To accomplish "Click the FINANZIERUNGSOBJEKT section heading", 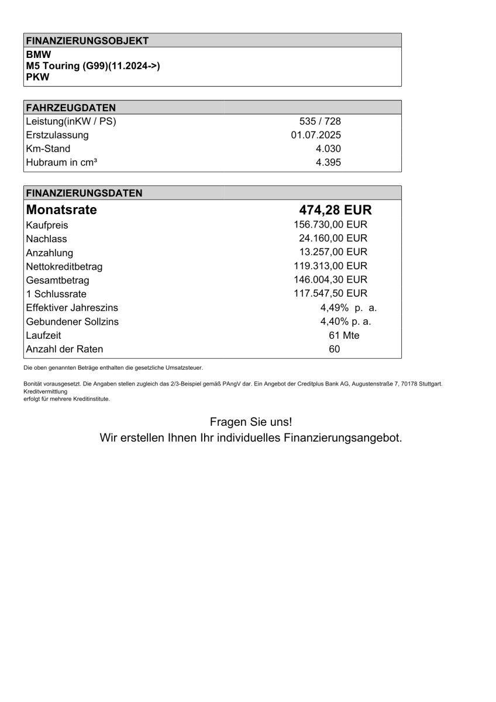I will (x=87, y=40).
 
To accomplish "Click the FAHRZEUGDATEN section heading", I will (x=71, y=107).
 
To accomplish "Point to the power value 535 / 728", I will (x=320, y=122).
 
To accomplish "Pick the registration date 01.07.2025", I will (x=316, y=135).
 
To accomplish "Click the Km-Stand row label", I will (x=48, y=149).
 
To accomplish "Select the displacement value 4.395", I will (x=328, y=163).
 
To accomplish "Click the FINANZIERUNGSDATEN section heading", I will (x=84, y=193).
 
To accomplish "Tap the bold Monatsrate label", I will (x=61, y=209).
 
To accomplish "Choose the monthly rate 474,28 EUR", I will (x=335, y=209).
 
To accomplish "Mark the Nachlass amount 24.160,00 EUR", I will (x=333, y=239).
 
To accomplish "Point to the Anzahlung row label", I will (x=50, y=253).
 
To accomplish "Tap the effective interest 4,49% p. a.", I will (x=348, y=307).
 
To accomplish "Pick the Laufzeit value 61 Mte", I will (x=345, y=335).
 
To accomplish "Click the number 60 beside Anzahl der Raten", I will (x=335, y=349).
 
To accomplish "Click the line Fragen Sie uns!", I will (x=250, y=422).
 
